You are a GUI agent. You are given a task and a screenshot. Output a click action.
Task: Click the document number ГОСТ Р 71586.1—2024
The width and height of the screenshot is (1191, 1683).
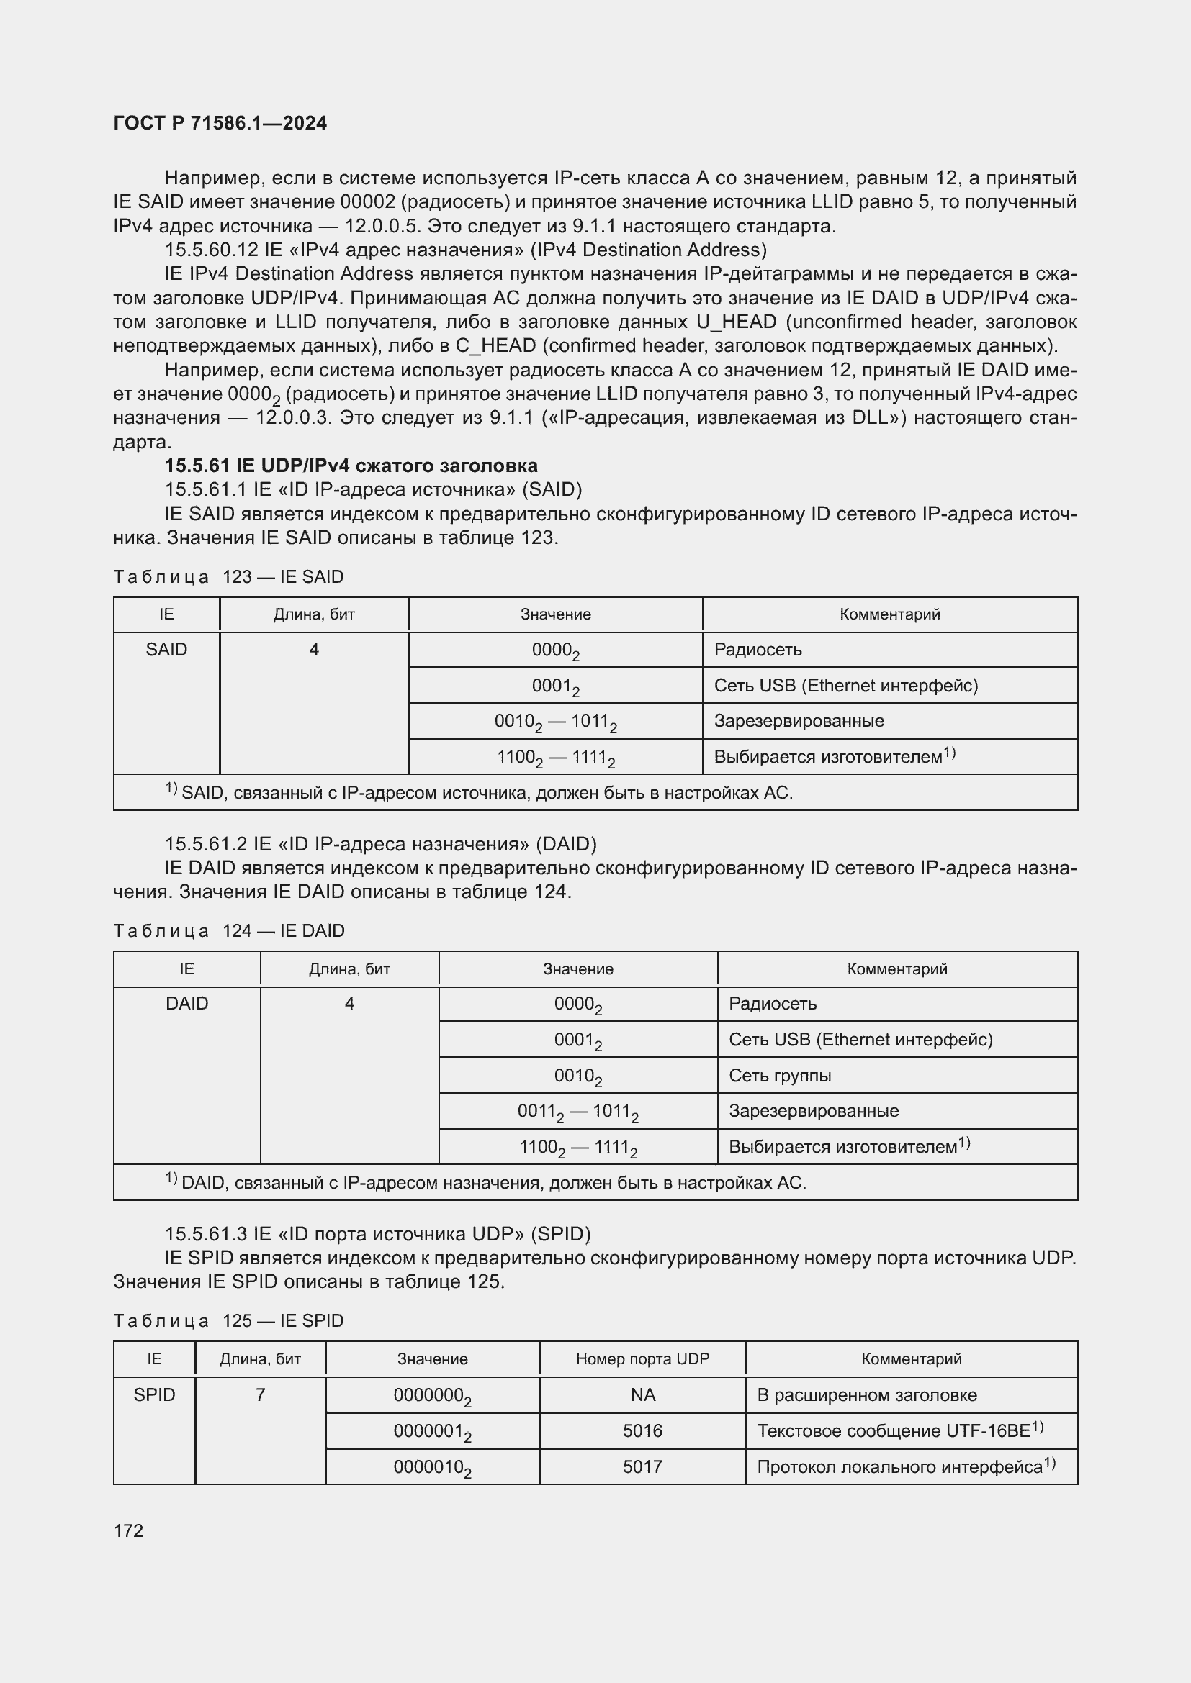pyautogui.click(x=220, y=123)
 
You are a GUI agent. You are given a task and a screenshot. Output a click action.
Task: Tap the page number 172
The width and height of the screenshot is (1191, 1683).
pyautogui.click(x=128, y=1530)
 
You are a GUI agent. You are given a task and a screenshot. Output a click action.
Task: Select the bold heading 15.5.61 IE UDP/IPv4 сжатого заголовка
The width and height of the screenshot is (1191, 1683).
pyautogui.click(x=351, y=466)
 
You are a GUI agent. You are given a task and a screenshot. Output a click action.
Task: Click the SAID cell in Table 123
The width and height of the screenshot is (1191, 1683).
pyautogui.click(x=166, y=650)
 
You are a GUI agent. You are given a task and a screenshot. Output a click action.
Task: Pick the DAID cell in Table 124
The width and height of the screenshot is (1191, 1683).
pyautogui.click(x=187, y=1004)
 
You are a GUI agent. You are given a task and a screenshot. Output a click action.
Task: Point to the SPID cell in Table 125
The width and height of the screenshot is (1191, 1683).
pyautogui.click(x=154, y=1395)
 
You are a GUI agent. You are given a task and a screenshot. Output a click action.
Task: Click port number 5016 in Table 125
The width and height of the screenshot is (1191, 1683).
pyautogui.click(x=642, y=1431)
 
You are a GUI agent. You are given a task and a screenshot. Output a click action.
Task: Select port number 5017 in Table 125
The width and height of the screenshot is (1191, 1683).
pyautogui.click(x=642, y=1466)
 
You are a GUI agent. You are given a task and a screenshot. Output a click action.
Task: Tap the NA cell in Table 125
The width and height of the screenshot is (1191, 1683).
pyautogui.click(x=642, y=1395)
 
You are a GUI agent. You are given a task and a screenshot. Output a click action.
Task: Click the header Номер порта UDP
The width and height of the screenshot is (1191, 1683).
pyautogui.click(x=642, y=1359)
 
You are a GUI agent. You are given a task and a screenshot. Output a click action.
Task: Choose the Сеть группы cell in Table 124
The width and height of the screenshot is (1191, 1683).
pyautogui.click(x=780, y=1075)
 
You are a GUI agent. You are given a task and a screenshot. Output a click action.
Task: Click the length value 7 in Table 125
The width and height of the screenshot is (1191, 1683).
pyautogui.click(x=261, y=1395)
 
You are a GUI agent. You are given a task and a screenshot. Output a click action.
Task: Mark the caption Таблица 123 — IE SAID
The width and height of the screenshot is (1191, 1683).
pyautogui.click(x=228, y=577)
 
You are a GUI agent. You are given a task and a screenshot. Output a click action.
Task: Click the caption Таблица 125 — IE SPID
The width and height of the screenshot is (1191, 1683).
pyautogui.click(x=228, y=1321)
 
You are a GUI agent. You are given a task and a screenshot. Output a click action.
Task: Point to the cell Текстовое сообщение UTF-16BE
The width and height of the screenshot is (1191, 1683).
pyautogui.click(x=899, y=1431)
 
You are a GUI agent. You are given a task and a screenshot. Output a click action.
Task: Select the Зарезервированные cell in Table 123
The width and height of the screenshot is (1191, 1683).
pyautogui.click(x=799, y=720)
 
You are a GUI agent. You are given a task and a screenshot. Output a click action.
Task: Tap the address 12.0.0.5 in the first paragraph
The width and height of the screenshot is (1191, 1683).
pyautogui.click(x=385, y=226)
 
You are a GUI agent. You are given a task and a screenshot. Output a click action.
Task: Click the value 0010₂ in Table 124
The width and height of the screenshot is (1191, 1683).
pyautogui.click(x=578, y=1076)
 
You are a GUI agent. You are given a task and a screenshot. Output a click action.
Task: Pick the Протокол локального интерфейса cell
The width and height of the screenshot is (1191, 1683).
pyautogui.click(x=905, y=1466)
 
